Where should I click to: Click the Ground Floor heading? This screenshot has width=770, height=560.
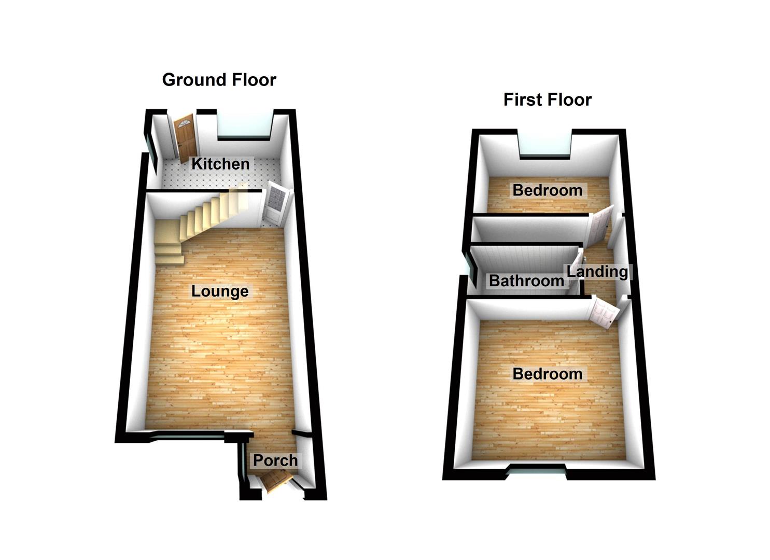pyautogui.click(x=219, y=80)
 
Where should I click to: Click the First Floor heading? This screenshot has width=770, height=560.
pyautogui.click(x=547, y=100)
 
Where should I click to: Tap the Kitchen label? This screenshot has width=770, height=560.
pyautogui.click(x=220, y=164)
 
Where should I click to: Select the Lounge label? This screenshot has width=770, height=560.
pyautogui.click(x=220, y=291)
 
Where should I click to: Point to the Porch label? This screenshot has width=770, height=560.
pyautogui.click(x=275, y=460)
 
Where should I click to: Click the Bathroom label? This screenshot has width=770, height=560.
pyautogui.click(x=526, y=281)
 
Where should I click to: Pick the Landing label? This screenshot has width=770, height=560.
pyautogui.click(x=597, y=271)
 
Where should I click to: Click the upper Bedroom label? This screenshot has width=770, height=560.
pyautogui.click(x=547, y=190)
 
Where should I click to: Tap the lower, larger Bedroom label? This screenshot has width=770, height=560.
pyautogui.click(x=547, y=374)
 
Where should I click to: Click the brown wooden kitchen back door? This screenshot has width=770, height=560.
pyautogui.click(x=185, y=137)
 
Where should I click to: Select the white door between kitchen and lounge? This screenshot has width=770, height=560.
pyautogui.click(x=273, y=205)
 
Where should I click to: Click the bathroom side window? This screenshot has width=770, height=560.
pyautogui.click(x=472, y=270)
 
